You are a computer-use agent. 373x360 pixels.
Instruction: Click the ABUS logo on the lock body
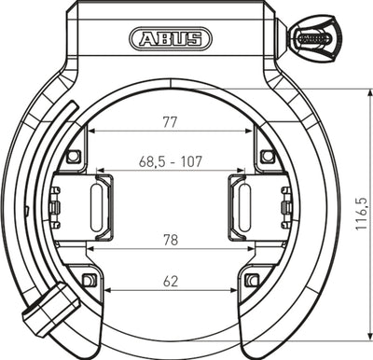170,38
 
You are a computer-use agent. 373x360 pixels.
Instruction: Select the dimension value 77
170,121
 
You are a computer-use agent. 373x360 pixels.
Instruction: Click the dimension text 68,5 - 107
170,160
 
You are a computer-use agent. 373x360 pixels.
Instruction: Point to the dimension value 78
170,241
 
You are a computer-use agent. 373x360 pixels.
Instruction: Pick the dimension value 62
170,280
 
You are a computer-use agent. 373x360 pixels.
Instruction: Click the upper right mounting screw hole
267,155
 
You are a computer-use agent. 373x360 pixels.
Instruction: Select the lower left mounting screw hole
89,280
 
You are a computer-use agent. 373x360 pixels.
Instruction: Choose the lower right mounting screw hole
251,280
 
